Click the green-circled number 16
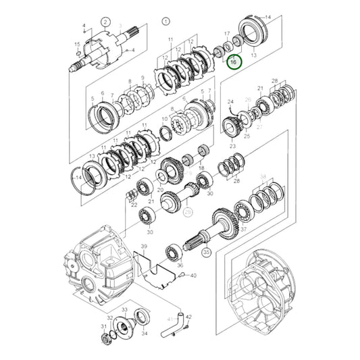pos(233,61)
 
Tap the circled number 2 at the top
pos(105,22)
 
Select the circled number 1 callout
pos(165,22)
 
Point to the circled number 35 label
pos(206,252)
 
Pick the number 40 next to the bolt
pos(193,275)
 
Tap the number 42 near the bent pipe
pos(188,317)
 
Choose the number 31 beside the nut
pos(103,328)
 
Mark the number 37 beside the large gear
pos(244,230)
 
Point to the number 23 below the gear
pos(232,146)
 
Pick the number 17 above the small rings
pos(226,33)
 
